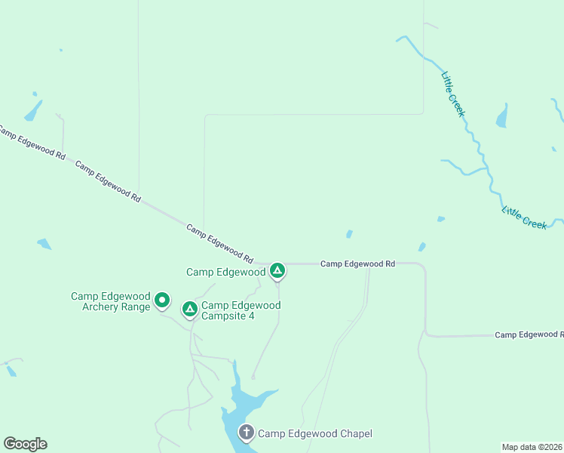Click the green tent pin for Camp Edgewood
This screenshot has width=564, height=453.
pyautogui.click(x=277, y=270)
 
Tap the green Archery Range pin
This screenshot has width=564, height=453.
pyautogui.click(x=161, y=301)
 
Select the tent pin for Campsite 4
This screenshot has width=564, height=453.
pyautogui.click(x=190, y=309)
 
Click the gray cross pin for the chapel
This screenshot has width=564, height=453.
pyautogui.click(x=246, y=433)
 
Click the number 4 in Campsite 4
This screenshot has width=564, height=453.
pyautogui.click(x=251, y=316)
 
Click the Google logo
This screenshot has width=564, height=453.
pyautogui.click(x=25, y=444)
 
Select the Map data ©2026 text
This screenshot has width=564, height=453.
pyautogui.click(x=532, y=447)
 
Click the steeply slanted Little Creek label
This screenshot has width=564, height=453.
pyautogui.click(x=453, y=94)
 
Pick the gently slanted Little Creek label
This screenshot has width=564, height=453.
pyautogui.click(x=524, y=217)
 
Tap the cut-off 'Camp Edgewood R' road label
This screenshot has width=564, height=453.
pyautogui.click(x=529, y=334)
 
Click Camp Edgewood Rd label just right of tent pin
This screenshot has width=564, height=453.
pyautogui.click(x=357, y=264)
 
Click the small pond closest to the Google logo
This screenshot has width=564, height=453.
pyautogui.click(x=11, y=371)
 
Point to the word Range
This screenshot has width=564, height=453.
pyautogui.click(x=135, y=307)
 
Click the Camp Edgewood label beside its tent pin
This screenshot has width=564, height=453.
pyautogui.click(x=225, y=272)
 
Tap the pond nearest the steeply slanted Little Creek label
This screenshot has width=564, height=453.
pyautogui.click(x=501, y=117)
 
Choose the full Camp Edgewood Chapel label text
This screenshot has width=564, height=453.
pyautogui.click(x=315, y=433)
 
